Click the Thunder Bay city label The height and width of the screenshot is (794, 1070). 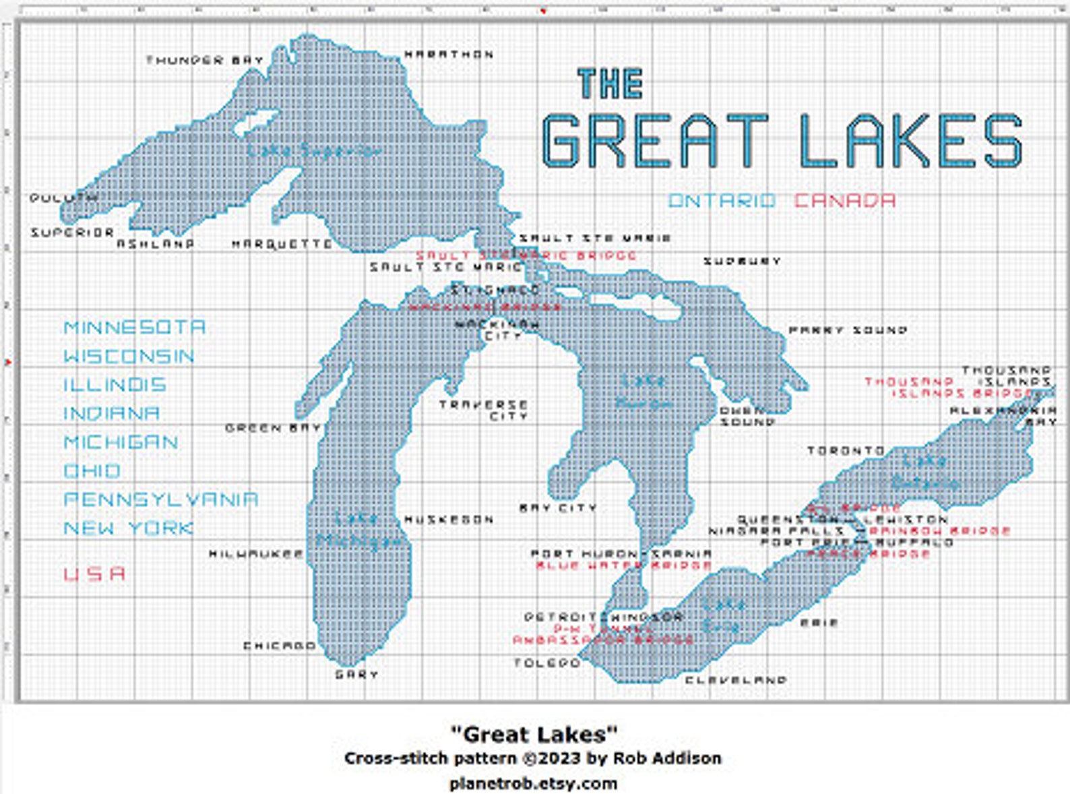click(x=204, y=60)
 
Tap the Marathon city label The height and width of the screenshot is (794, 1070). click(x=449, y=55)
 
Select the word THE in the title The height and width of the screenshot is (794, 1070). click(x=610, y=84)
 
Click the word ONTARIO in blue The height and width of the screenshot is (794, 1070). click(x=722, y=201)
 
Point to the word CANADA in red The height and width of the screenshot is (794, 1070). click(x=845, y=201)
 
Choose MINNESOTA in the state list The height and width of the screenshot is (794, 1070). click(x=134, y=328)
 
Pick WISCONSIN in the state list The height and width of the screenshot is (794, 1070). click(x=129, y=356)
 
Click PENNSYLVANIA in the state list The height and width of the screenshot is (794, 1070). click(x=160, y=499)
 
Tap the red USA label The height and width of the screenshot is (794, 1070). click(x=94, y=574)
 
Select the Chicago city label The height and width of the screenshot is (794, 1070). click(x=279, y=646)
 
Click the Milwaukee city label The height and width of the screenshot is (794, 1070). click(x=256, y=554)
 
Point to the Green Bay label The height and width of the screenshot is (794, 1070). click(x=272, y=428)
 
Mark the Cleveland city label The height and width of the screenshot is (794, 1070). click(x=736, y=680)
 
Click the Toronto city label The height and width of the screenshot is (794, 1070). click(x=846, y=450)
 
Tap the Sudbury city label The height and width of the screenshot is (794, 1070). click(x=742, y=261)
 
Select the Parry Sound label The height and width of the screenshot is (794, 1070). click(x=848, y=330)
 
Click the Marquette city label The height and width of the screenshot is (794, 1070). click(x=282, y=244)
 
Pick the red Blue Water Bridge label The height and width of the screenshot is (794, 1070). click(x=623, y=565)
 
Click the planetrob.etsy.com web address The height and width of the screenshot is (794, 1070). click(x=533, y=783)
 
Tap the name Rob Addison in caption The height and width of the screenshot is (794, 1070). click(x=666, y=758)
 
